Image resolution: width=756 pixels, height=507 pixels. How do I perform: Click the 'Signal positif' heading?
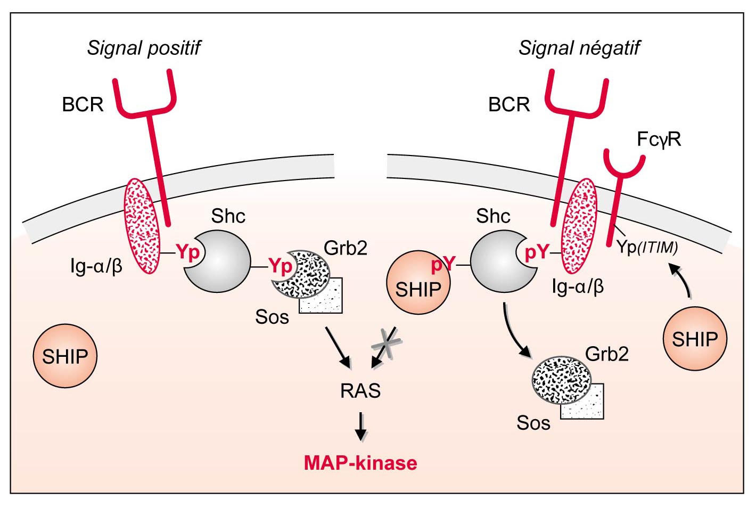tap(144, 48)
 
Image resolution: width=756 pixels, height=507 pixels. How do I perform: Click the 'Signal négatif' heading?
tap(579, 48)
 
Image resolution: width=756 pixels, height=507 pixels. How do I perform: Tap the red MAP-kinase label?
tap(360, 462)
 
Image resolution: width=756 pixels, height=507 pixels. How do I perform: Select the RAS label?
tap(360, 391)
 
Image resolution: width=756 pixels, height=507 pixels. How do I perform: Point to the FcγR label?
tap(659, 140)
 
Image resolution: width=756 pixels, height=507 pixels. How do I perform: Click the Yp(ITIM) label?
tap(647, 247)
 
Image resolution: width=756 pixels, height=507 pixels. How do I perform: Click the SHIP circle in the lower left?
tap(65, 356)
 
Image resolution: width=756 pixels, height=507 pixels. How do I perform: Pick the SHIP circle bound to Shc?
tap(418, 283)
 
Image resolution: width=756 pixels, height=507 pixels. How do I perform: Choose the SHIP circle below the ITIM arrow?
tap(694, 339)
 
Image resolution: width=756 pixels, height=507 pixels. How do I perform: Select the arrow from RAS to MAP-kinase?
tap(361, 425)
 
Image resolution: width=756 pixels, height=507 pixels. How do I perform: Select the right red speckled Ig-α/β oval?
tap(579, 226)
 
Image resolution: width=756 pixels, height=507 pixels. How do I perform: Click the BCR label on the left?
tap(83, 104)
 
